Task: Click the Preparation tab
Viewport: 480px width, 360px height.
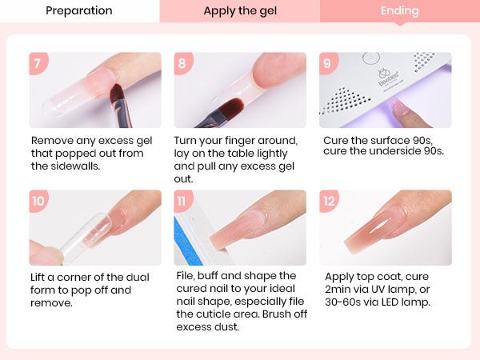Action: coord(78,11)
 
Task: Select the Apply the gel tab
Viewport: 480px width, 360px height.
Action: coord(239,11)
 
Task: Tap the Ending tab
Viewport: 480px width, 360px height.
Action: coord(399,11)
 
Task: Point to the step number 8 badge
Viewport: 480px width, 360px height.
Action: coord(183,63)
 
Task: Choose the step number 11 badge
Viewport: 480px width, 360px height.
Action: coord(183,201)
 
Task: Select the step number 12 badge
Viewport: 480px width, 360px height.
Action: coord(328,201)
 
